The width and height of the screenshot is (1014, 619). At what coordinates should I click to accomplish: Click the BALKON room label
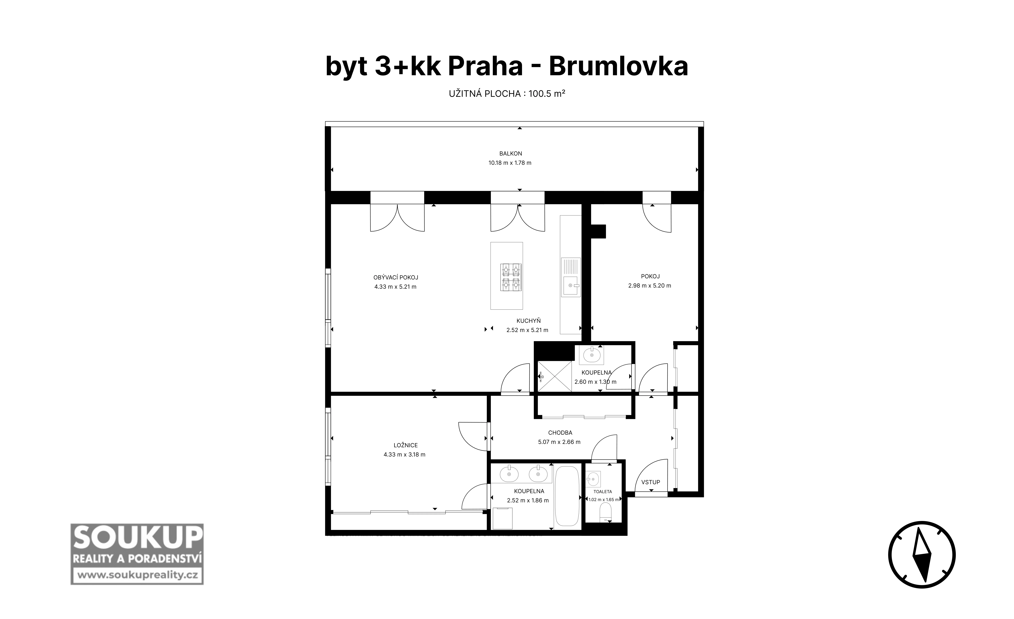click(510, 153)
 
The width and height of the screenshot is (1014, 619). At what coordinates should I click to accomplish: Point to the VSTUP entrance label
click(650, 482)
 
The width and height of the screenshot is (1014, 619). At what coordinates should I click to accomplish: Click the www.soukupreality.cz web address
click(137, 575)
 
